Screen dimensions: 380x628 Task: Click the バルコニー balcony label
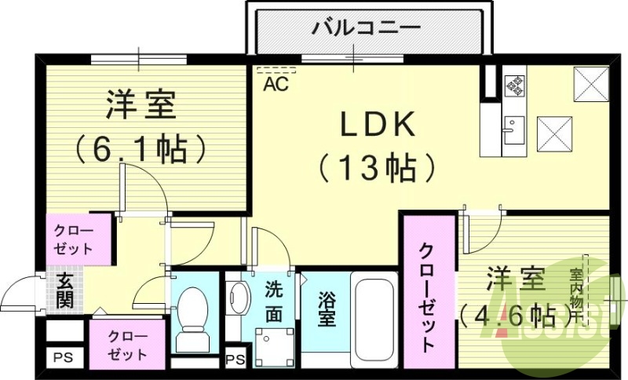point(366,29)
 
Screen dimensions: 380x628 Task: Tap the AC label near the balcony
point(275,82)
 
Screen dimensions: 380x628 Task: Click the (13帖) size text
point(377,166)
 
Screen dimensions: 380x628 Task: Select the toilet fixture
point(192,318)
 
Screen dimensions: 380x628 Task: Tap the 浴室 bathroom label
point(328,309)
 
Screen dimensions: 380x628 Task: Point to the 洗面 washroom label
point(273,301)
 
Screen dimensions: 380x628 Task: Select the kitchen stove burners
point(514,84)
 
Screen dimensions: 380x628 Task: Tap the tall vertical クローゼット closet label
point(428,298)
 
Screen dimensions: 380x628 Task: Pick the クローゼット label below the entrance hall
point(128,345)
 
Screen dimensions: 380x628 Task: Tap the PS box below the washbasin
point(233,360)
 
